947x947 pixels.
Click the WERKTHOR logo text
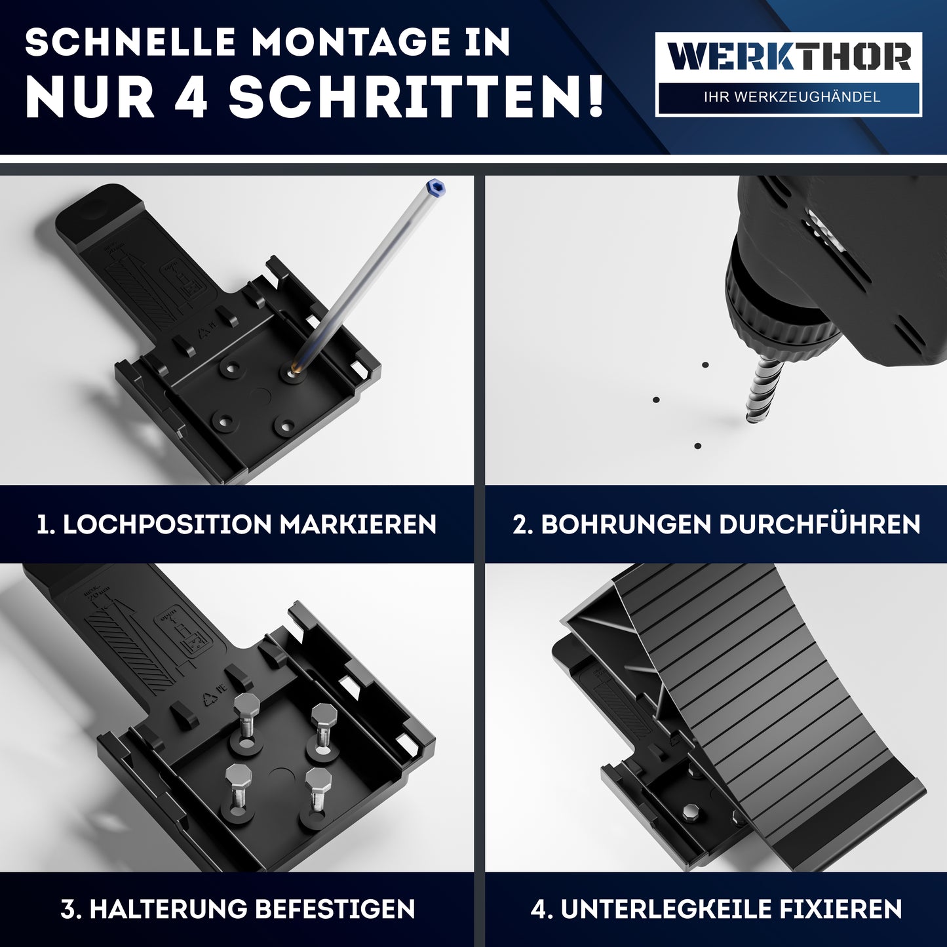(x=788, y=58)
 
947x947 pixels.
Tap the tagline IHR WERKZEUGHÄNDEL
(x=791, y=97)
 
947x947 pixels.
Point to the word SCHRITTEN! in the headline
(x=415, y=97)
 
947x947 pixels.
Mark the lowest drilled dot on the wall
(x=698, y=446)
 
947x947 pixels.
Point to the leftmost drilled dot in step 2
(x=656, y=399)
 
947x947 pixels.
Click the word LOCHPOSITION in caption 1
(x=166, y=524)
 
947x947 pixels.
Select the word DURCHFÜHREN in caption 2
(x=819, y=524)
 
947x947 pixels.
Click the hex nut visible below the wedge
(x=690, y=813)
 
